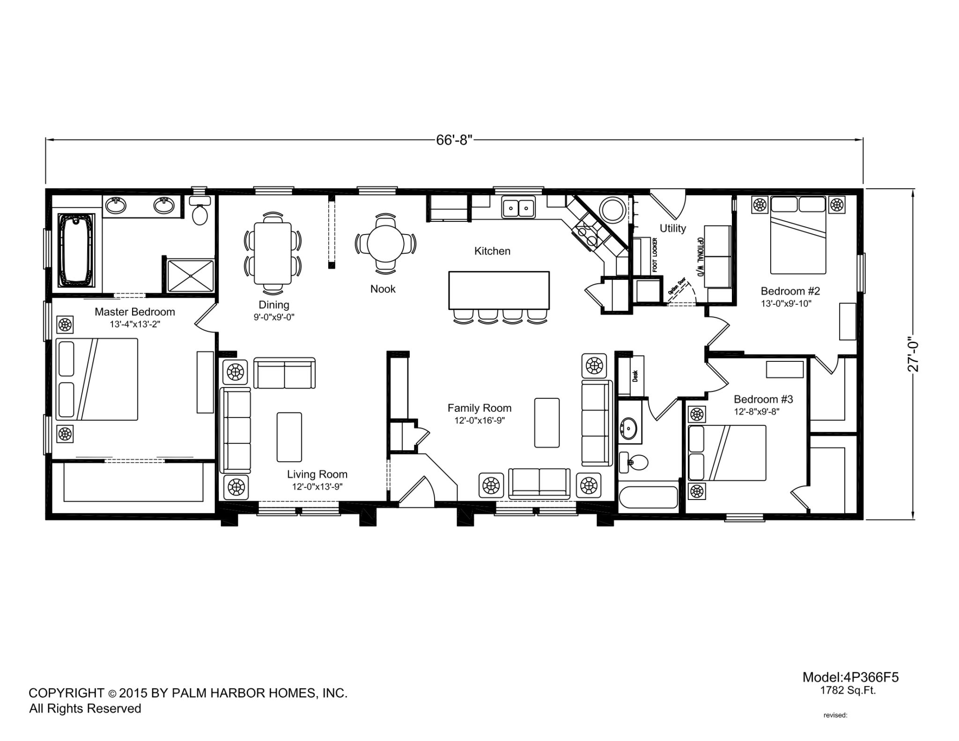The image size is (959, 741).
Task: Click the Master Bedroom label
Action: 135,312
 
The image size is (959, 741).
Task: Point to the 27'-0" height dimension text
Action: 914,354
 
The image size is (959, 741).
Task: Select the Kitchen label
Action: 492,251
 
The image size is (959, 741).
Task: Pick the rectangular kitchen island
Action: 499,290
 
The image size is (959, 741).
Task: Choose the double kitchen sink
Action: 518,207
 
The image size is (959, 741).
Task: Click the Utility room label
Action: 673,228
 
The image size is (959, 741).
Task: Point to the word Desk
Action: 635,376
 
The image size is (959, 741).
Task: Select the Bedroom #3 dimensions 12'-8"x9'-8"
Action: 757,412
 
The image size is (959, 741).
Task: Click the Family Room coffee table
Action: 547,423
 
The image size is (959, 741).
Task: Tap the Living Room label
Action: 317,475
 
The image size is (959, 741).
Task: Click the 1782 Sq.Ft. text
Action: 848,690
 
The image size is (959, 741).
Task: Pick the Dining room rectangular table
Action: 273,253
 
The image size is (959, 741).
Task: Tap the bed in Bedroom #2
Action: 798,235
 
